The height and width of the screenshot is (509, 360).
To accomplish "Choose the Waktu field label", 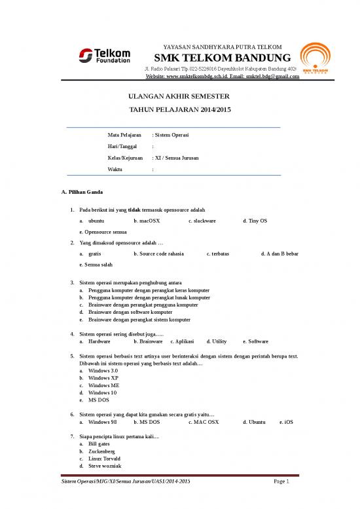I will coord(115,170).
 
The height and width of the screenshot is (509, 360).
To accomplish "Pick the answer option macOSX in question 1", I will coord(147,221).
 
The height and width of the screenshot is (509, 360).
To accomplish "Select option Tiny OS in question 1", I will coord(255,221).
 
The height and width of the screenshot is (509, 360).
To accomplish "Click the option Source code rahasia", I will coord(158,254).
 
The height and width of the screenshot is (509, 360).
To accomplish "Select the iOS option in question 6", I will coord(286,423).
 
